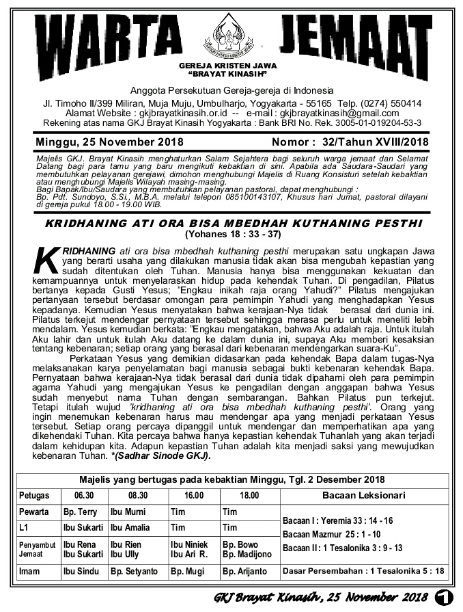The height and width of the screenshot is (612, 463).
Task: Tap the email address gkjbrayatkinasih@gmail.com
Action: pos(339,113)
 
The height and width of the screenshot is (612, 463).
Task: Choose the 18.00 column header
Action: pos(249,495)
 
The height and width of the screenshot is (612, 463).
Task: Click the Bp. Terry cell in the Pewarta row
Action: pos(80,511)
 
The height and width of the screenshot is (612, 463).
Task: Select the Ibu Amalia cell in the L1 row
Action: pos(130,528)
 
